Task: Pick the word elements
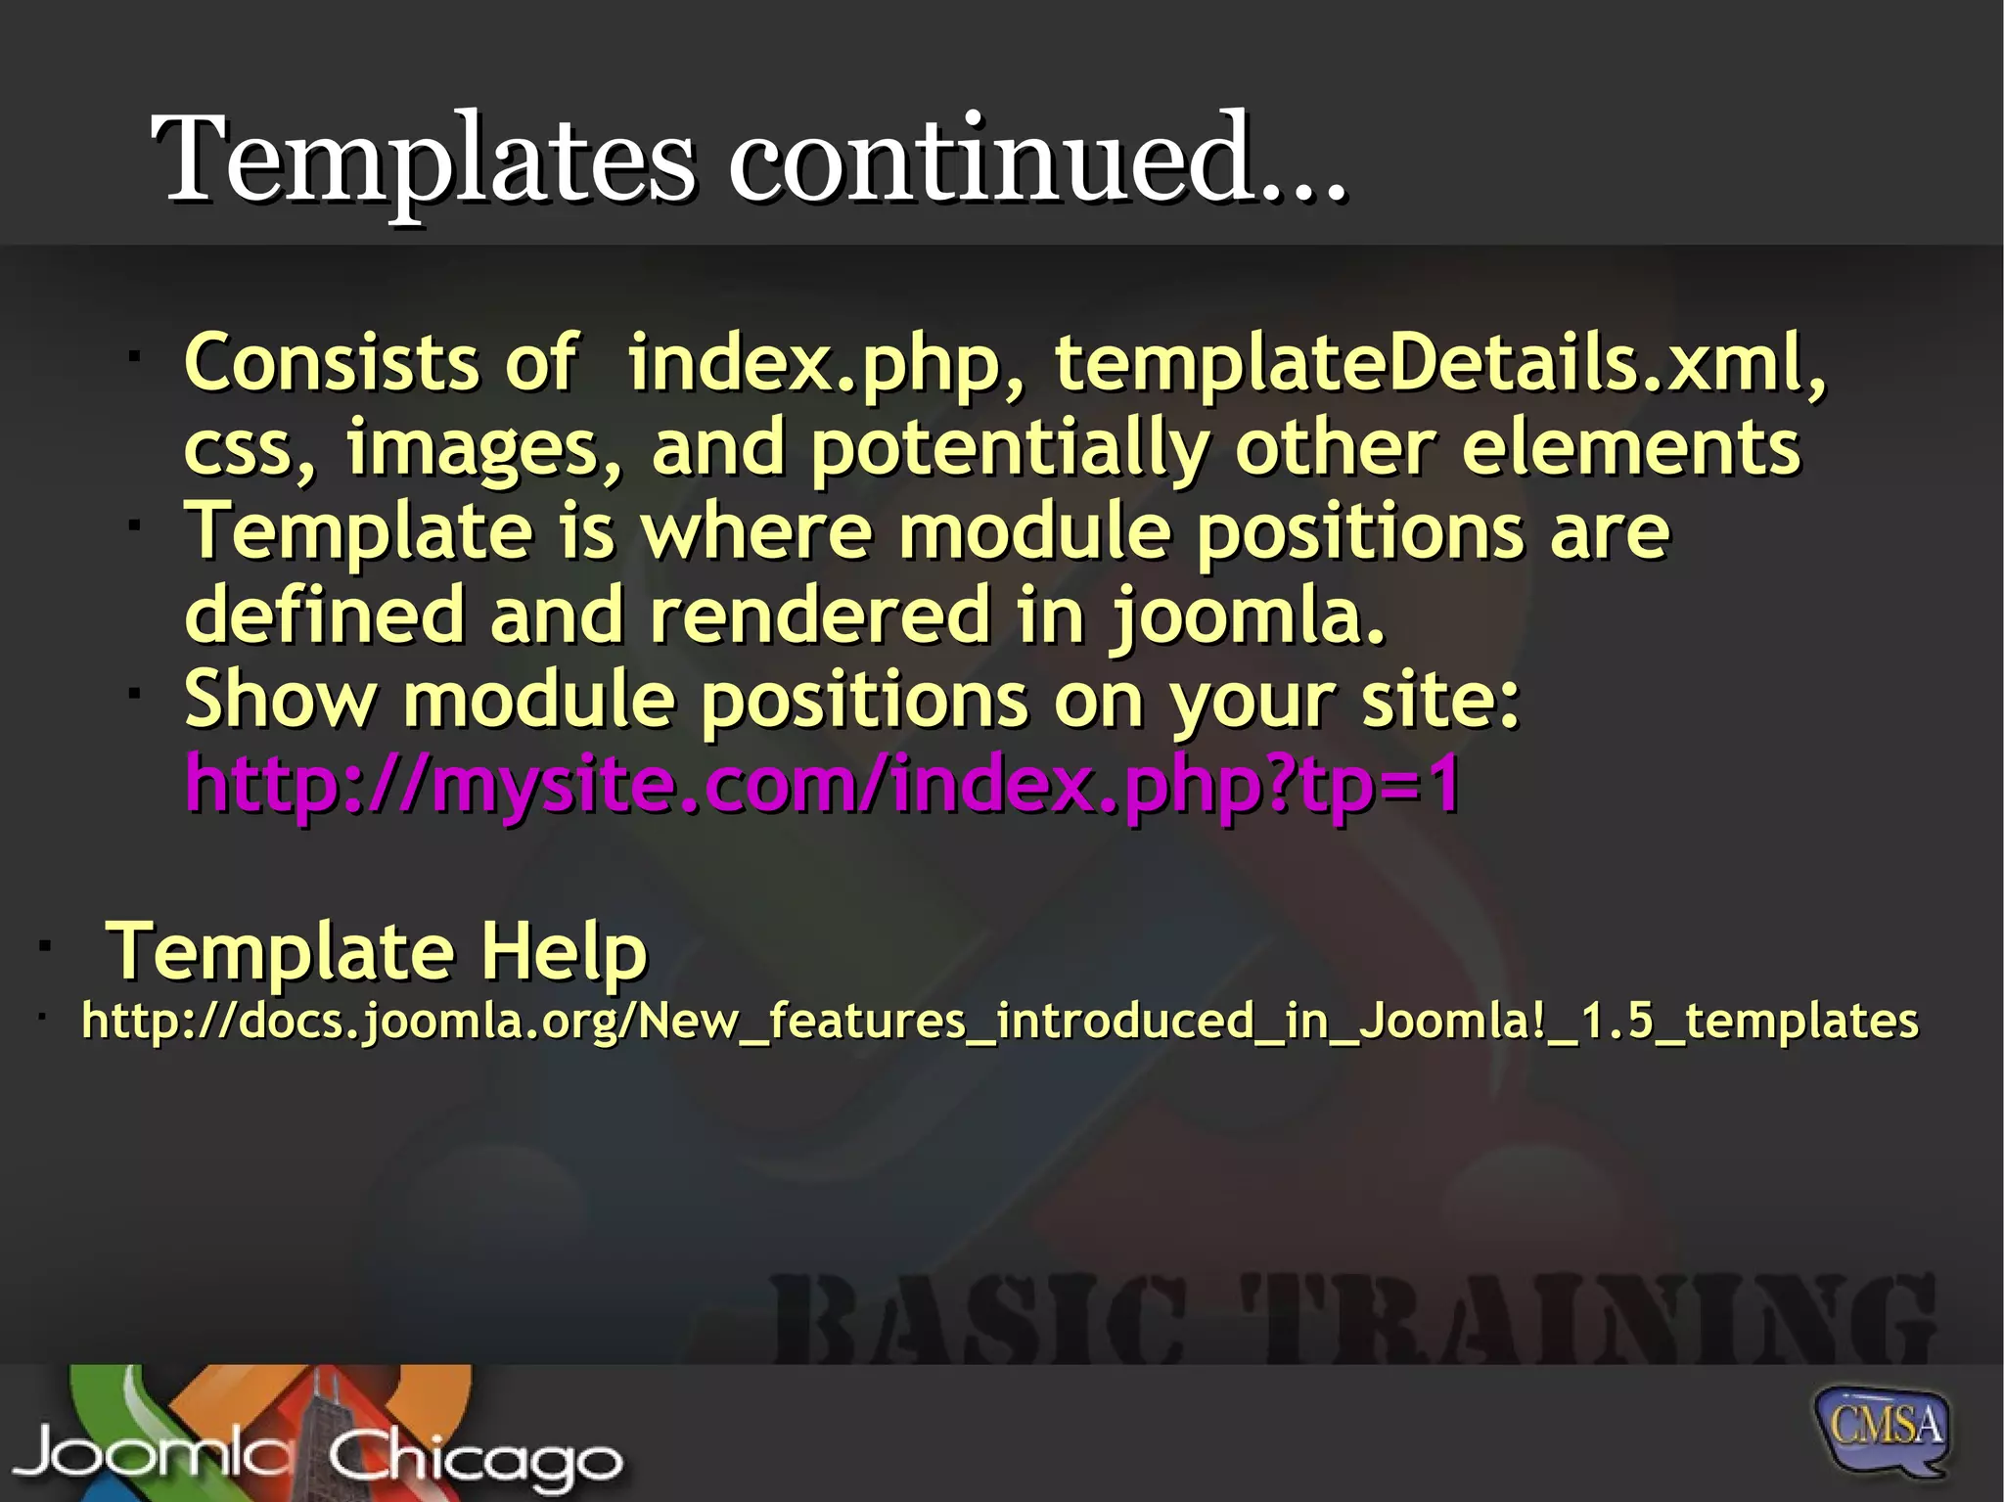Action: [1630, 447]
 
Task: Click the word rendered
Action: [821, 616]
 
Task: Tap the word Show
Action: [281, 700]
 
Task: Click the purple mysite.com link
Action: [822, 786]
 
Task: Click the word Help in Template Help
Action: [563, 951]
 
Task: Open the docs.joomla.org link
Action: [999, 1022]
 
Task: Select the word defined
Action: [324, 616]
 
